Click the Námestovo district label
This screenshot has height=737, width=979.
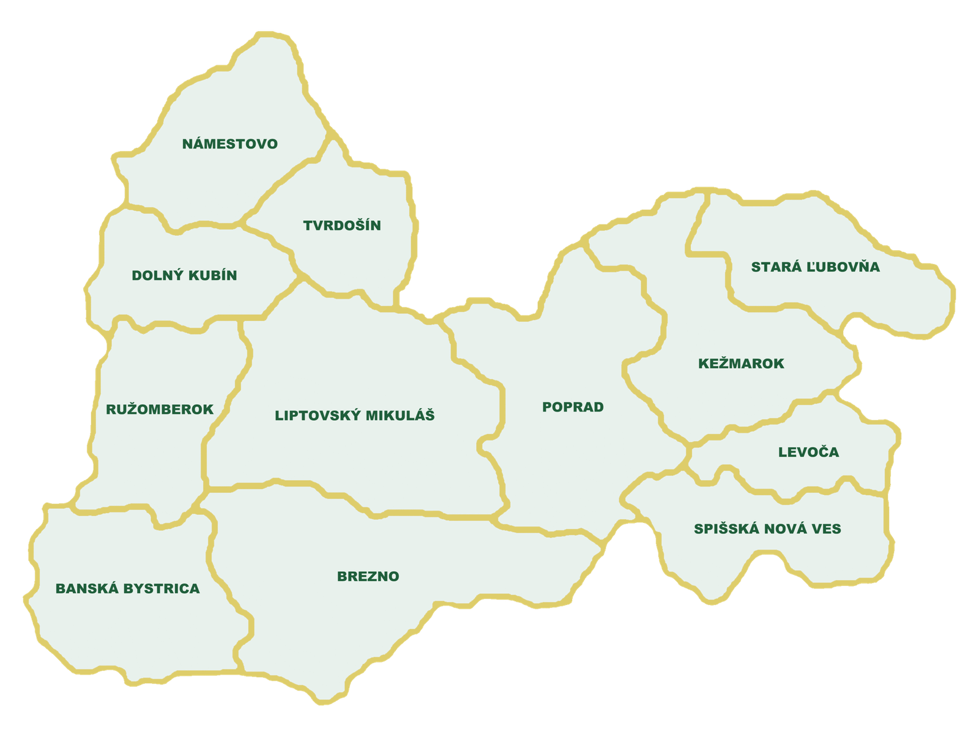coord(229,144)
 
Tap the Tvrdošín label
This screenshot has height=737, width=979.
coord(341,226)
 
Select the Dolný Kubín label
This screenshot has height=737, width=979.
coord(184,275)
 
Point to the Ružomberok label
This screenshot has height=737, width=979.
coord(160,409)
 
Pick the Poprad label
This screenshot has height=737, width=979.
coord(573,407)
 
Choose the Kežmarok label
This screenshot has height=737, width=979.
coord(741,364)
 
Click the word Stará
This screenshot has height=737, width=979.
coord(770,267)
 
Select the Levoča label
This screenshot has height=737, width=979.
coord(808,453)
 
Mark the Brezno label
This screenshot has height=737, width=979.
coord(368,577)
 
